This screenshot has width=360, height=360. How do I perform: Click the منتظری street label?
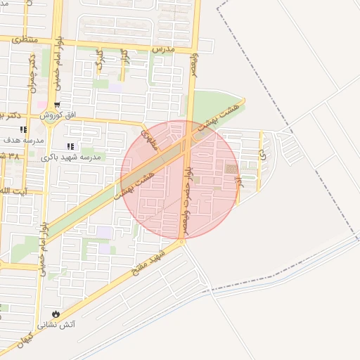(23, 41)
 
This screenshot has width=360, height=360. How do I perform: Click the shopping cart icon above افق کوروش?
(57, 105)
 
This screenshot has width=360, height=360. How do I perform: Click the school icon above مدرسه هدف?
(23, 129)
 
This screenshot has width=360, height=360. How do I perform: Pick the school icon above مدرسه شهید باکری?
(70, 146)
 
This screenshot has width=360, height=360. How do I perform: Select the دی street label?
(261, 152)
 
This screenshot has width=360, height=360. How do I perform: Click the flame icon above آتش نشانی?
(56, 313)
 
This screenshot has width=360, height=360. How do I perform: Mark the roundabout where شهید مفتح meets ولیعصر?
(181, 241)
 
